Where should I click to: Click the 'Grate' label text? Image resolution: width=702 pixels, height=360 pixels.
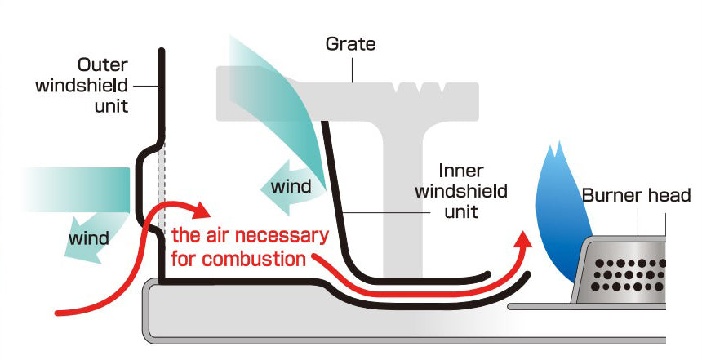350,43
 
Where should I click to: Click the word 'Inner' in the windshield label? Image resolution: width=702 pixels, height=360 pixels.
462,171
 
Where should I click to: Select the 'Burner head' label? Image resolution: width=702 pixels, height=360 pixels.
636,195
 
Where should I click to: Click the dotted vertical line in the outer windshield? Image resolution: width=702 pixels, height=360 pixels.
162,204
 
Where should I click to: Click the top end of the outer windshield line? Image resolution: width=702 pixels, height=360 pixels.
162,52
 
